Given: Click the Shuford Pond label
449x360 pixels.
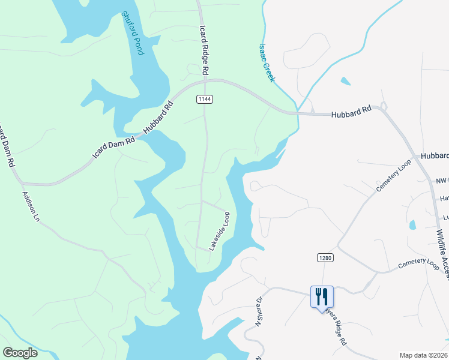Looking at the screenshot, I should point(133,33).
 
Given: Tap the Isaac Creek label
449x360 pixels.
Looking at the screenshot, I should point(266,62).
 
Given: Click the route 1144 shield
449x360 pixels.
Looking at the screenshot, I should point(204,98).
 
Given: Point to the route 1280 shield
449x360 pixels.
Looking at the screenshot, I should point(325,257).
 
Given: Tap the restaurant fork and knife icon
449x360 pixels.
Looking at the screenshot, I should point(321,296).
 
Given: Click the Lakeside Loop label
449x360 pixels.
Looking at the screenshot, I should point(219,230).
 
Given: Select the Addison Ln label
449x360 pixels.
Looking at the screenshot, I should point(30,207).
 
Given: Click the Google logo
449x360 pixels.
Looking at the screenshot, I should point(20,352).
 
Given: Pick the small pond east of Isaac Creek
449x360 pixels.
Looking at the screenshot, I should point(345,80).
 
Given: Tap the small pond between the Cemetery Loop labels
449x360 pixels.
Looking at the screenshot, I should point(412,225).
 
